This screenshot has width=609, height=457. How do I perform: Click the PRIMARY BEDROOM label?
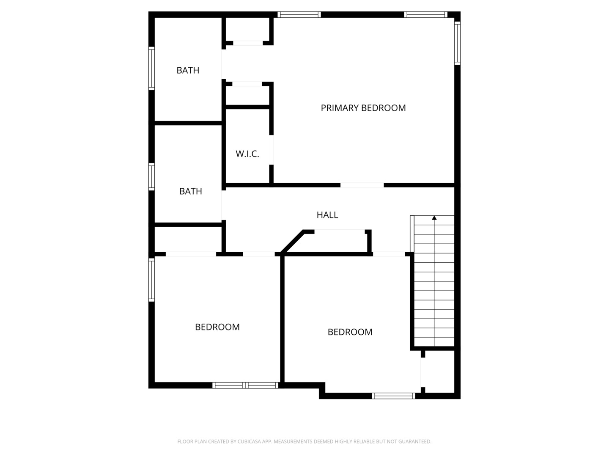(x=363, y=108)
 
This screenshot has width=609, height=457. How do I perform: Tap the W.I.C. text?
(x=247, y=154)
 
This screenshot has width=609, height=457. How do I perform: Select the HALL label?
(x=327, y=215)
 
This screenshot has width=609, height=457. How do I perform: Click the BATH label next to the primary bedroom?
(x=188, y=70)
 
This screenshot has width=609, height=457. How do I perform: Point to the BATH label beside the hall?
(x=190, y=191)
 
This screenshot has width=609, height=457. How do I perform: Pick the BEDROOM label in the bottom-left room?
(x=217, y=327)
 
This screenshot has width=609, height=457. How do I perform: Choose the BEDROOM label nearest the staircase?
(x=350, y=332)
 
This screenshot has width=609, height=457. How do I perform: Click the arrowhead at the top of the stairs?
(x=434, y=218)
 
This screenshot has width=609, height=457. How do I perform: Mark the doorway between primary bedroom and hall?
(x=362, y=185)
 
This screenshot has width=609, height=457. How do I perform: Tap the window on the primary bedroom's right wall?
(x=457, y=42)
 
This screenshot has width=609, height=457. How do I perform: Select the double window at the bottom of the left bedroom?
(x=245, y=385)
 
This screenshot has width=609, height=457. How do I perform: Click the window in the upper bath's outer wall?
(x=151, y=68)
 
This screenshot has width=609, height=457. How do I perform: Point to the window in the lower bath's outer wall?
(x=151, y=176)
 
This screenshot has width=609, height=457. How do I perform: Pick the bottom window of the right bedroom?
(x=393, y=396)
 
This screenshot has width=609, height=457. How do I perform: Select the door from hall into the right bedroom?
(x=389, y=254)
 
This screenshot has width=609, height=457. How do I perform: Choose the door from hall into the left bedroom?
(x=258, y=254)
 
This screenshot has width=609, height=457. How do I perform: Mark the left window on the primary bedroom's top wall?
(x=299, y=14)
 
